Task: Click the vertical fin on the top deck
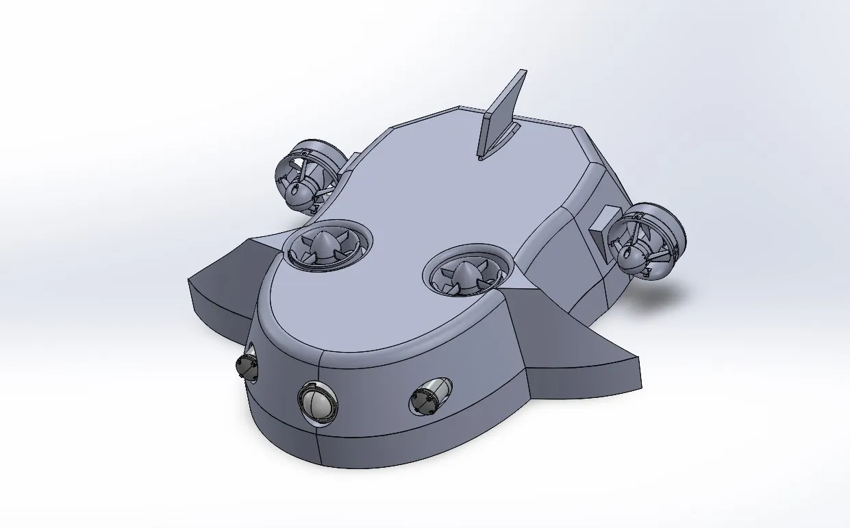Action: (502, 116)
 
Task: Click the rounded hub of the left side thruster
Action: (297, 196)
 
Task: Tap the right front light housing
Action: (425, 399)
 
